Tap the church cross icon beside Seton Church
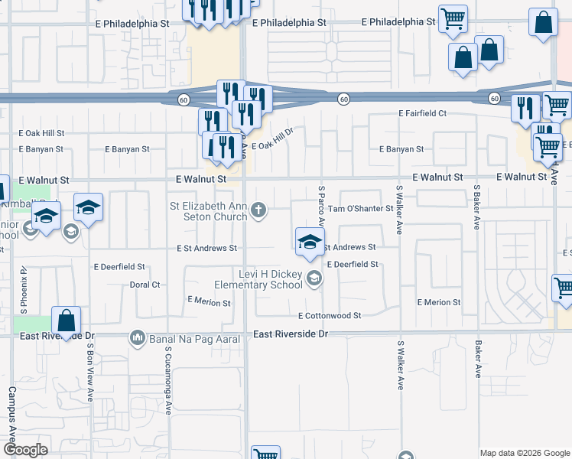coord(260,210)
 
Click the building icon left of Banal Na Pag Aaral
coord(138,337)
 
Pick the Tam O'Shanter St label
coord(360,208)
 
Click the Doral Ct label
coord(145,285)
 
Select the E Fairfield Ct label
coord(422,113)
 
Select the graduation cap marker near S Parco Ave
coord(309,242)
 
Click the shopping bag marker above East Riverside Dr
coord(67,321)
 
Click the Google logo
coord(26,450)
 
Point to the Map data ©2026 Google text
coord(524,452)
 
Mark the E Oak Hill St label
coord(42,133)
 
